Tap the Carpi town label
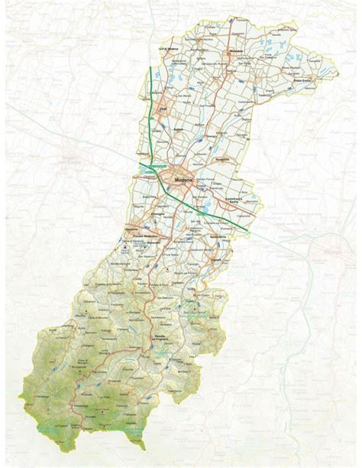[x=162, y=112]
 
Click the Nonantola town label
[x=223, y=158]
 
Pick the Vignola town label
[x=208, y=261]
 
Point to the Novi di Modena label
[x=167, y=48]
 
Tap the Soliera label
[x=180, y=131]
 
